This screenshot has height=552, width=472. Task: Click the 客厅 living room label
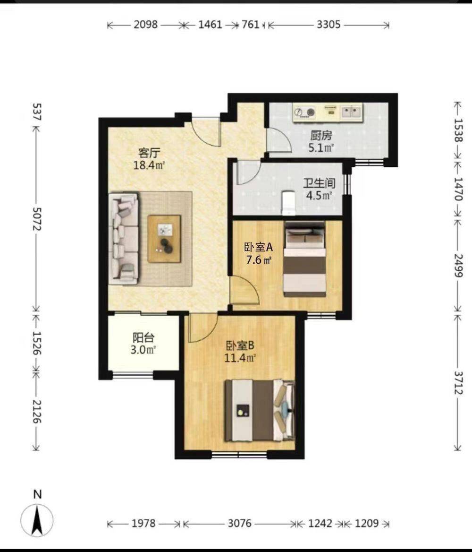click(150, 154)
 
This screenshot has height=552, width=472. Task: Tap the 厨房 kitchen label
click(321, 136)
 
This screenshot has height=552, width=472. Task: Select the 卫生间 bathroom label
click(319, 183)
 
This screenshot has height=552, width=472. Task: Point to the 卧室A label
click(259, 247)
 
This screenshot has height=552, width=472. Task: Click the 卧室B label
click(240, 345)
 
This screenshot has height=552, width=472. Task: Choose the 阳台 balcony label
click(143, 338)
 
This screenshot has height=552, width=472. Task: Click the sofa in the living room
click(124, 238)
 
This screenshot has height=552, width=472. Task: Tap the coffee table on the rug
click(164, 239)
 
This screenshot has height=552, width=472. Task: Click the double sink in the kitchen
click(351, 112)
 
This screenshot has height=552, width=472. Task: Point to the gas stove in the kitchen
click(304, 112)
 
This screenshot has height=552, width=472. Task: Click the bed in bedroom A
click(304, 259)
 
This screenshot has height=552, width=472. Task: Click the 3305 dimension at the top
click(329, 25)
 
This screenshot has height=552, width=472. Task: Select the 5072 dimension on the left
click(37, 219)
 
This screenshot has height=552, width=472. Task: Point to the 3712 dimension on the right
click(458, 383)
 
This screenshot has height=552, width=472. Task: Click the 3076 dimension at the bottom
click(239, 524)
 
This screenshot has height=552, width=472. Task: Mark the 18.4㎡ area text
click(149, 165)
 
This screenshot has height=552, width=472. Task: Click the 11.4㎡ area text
click(240, 358)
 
